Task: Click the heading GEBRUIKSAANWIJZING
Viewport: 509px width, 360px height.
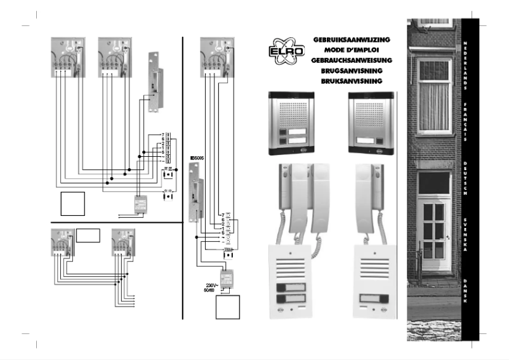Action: [x=351, y=39]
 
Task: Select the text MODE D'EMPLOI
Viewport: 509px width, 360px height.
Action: [x=351, y=50]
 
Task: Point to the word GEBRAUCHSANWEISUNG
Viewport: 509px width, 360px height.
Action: [x=351, y=61]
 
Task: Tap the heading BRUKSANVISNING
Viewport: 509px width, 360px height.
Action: [x=351, y=82]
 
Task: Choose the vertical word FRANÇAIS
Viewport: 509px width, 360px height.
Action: [x=466, y=121]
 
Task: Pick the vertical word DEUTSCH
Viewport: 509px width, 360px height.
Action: [x=466, y=178]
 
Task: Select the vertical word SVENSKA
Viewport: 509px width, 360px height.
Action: [x=466, y=235]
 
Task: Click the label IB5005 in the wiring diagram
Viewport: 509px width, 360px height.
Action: [x=197, y=157]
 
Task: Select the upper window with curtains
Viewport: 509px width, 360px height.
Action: [x=434, y=88]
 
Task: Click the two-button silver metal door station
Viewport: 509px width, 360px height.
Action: [x=294, y=124]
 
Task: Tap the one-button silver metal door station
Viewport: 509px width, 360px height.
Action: [x=371, y=124]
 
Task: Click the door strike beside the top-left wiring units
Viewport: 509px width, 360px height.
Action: [x=154, y=83]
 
